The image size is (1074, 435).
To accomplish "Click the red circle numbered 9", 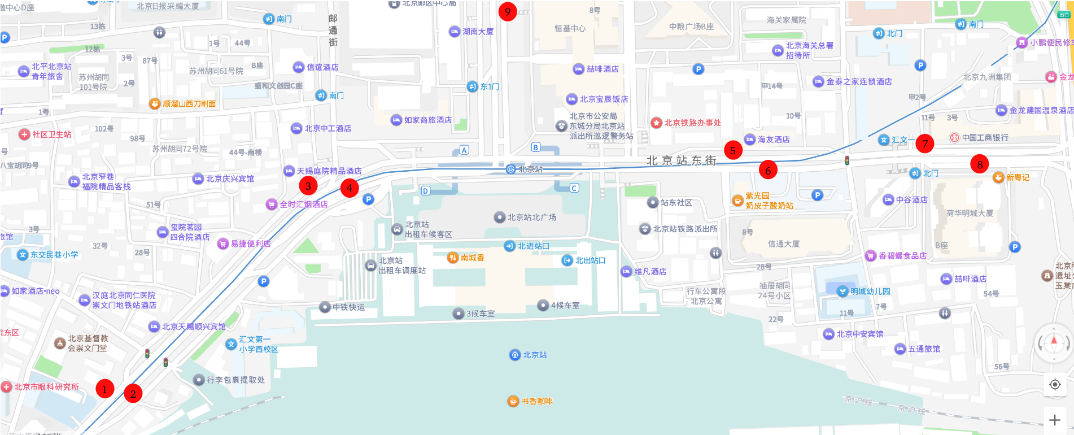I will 508,11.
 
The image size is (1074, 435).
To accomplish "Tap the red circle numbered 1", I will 104,389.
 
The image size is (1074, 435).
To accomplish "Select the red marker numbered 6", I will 768,169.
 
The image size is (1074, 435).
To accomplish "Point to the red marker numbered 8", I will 980,164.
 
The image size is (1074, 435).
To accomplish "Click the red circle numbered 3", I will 308,185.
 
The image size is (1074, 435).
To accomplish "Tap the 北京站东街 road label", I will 681,161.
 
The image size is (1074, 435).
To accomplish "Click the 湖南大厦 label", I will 478,32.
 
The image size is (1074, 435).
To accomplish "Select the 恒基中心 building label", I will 570,28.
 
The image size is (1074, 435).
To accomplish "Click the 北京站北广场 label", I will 531,217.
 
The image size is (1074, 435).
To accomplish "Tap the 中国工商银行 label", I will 985,137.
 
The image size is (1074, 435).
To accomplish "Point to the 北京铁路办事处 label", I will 692,123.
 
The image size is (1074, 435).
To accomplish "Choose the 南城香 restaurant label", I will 472,258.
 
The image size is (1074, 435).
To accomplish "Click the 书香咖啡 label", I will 536,401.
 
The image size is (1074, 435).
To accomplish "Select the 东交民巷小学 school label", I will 54,255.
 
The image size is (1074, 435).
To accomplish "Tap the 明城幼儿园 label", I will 870,292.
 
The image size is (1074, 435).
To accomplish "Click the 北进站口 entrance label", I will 533,246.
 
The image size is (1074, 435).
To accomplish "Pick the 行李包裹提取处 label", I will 235,380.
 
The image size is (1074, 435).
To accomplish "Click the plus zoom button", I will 1054,420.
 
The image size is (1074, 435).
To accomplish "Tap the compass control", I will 1054,342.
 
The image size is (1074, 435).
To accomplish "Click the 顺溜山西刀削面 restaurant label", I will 189,104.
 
